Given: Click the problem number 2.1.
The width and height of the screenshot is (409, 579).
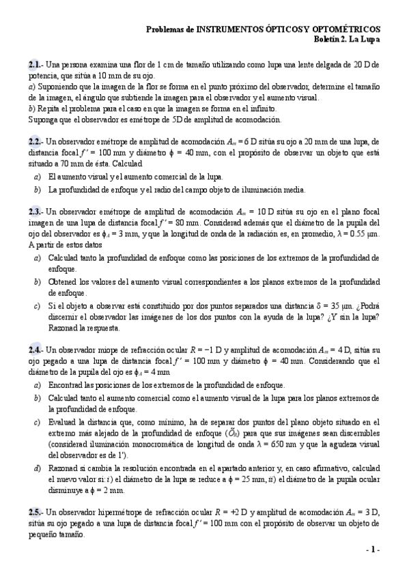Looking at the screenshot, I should pos(36,64).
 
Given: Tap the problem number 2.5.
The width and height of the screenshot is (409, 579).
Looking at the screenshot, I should pos(36,512).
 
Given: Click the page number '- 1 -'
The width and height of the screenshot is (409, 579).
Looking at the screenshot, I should pos(373,550).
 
